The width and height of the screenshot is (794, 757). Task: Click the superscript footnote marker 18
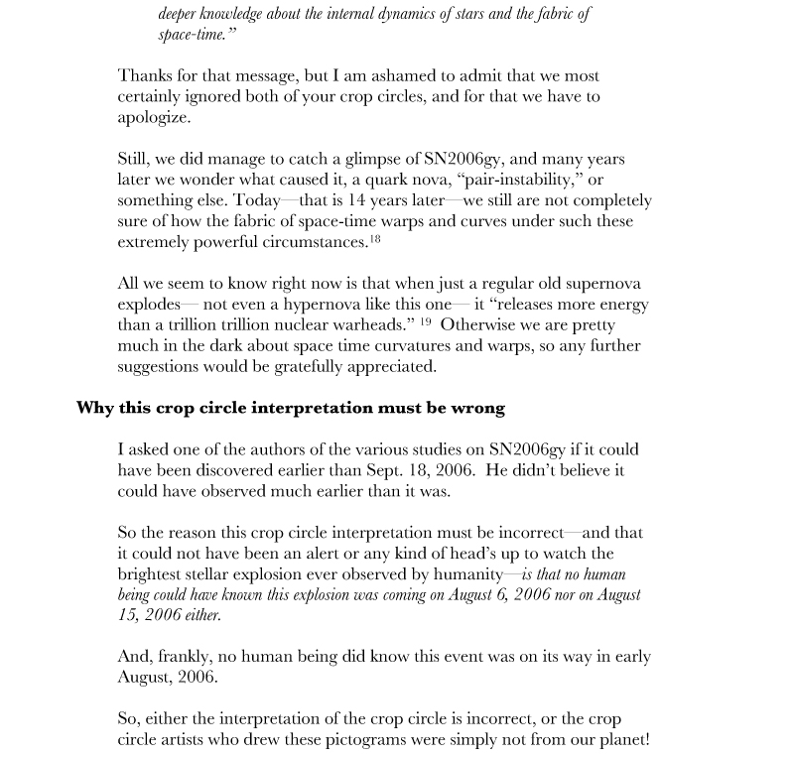(x=376, y=238)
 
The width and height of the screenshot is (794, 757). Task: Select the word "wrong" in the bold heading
(x=480, y=407)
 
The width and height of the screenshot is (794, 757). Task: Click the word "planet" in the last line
(x=623, y=738)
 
